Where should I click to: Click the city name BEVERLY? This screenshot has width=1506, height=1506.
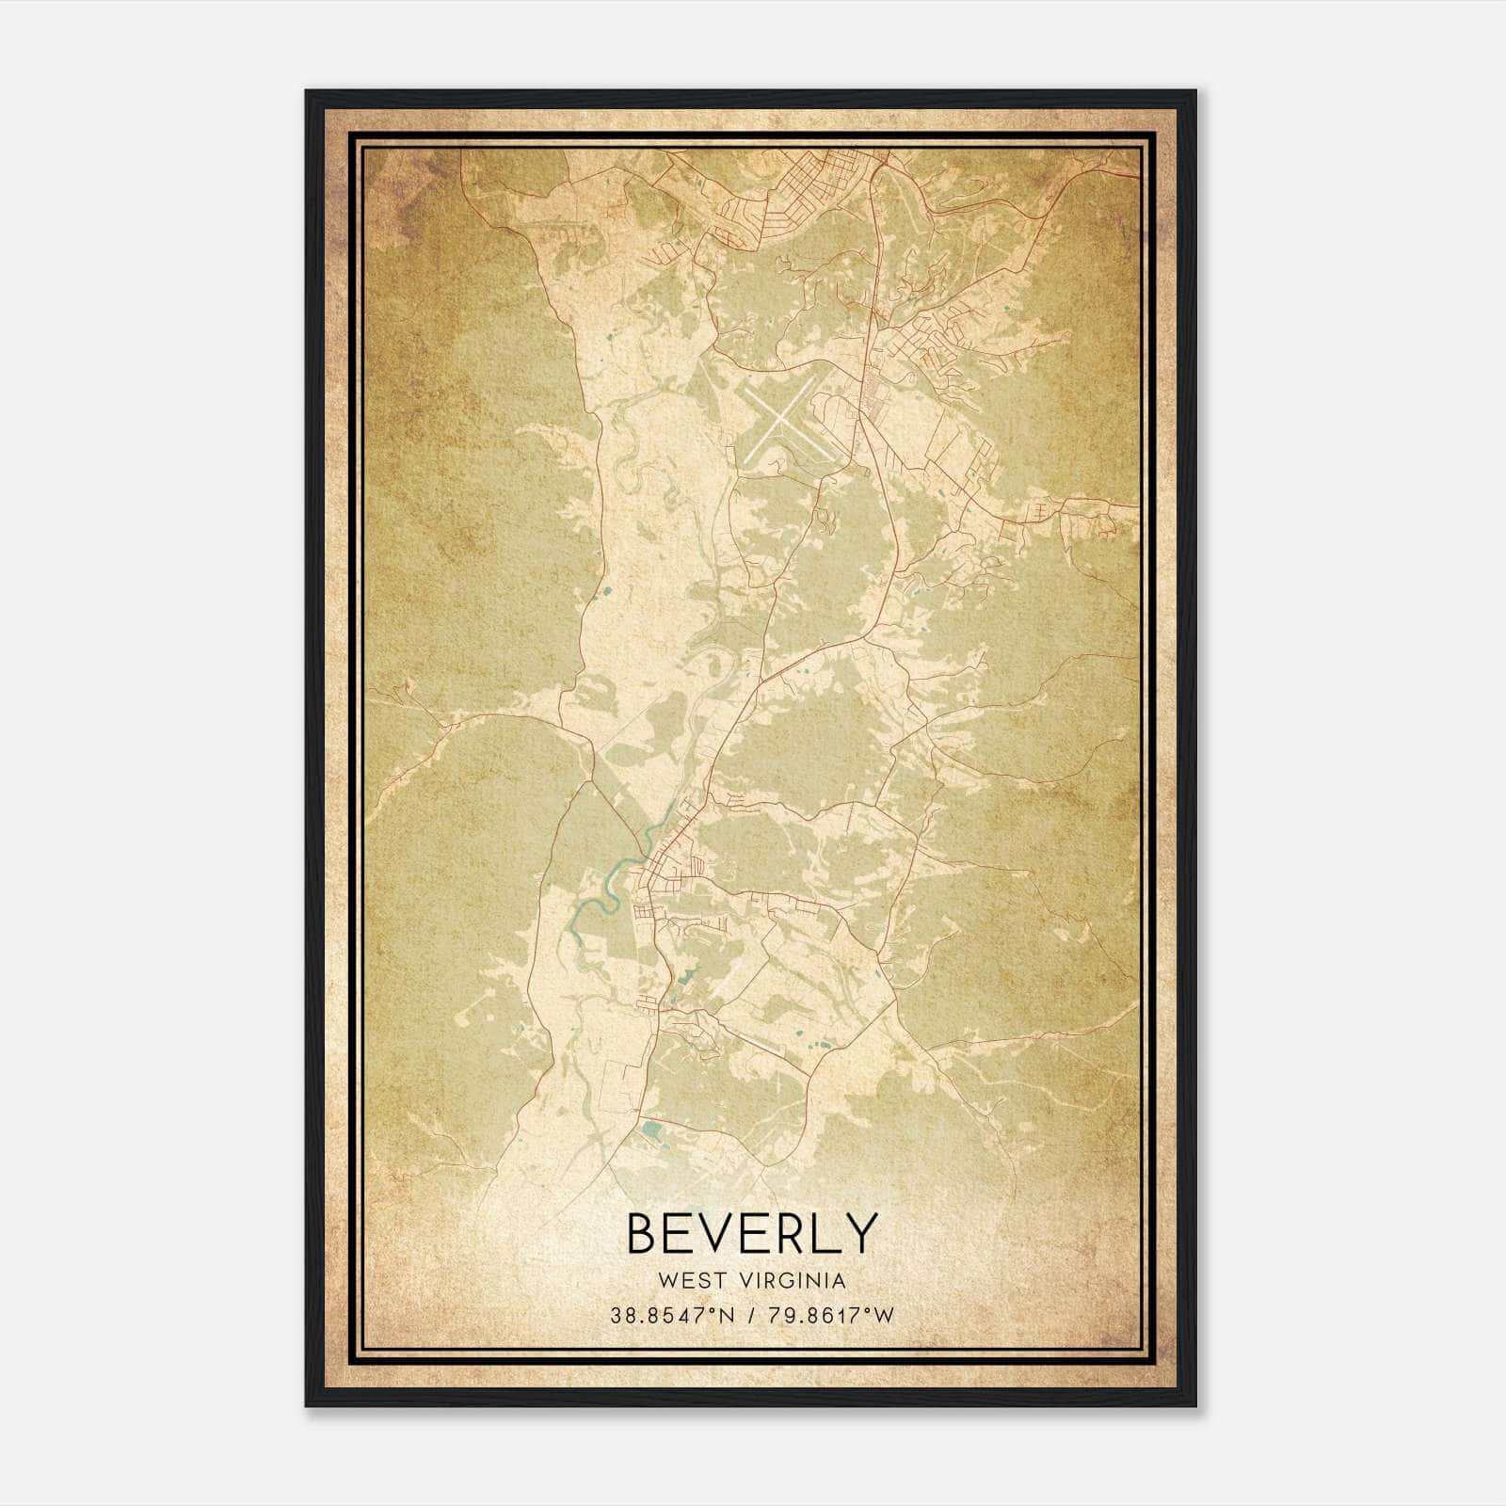[x=752, y=1233]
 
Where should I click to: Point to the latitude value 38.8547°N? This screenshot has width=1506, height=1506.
[x=670, y=1316]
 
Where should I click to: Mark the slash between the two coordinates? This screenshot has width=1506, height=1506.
[x=750, y=1316]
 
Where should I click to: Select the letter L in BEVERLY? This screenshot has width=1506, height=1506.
[x=826, y=1233]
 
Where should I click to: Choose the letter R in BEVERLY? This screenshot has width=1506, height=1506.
[x=791, y=1233]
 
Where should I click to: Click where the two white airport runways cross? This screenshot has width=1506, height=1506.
[x=780, y=422]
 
